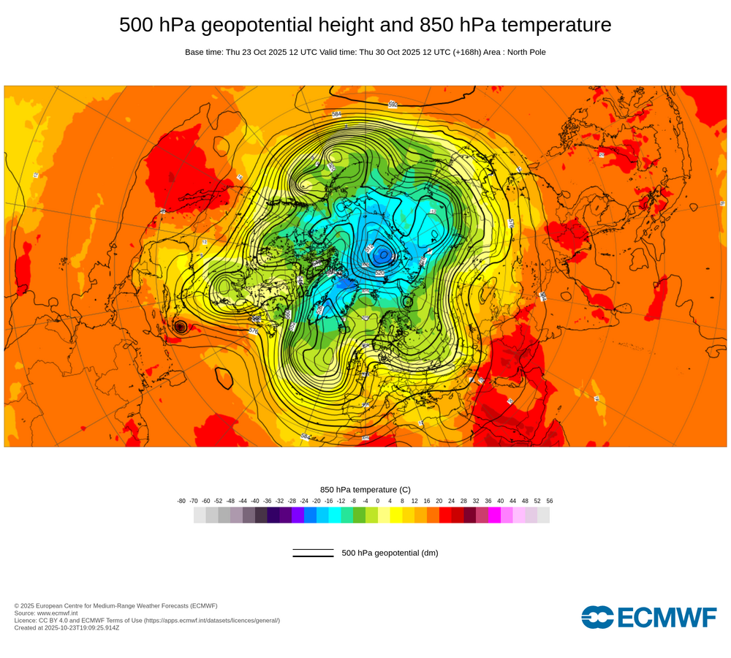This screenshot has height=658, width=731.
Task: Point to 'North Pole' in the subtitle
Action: tap(526, 52)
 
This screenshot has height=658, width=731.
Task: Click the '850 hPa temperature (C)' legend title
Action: tap(365, 489)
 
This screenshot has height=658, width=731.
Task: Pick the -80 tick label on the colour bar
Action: tap(181, 501)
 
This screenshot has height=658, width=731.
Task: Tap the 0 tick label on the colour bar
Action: tap(378, 501)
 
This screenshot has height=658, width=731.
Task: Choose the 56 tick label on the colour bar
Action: tap(550, 501)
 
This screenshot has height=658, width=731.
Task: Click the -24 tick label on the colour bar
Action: tap(304, 501)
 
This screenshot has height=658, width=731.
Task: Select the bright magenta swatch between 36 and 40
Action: tap(494, 515)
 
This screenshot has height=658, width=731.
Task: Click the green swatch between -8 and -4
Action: tap(359, 515)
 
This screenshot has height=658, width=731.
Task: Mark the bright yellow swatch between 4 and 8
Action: tap(396, 515)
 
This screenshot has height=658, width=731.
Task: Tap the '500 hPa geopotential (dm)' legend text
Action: tap(390, 553)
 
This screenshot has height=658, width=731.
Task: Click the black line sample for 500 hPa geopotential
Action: tap(313, 553)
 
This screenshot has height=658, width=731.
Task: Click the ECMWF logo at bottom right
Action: tap(649, 617)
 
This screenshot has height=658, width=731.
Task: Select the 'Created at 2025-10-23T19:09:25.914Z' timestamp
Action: tap(67, 627)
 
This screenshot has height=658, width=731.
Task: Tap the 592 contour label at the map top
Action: tap(393, 104)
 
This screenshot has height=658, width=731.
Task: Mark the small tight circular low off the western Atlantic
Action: tap(180, 328)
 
